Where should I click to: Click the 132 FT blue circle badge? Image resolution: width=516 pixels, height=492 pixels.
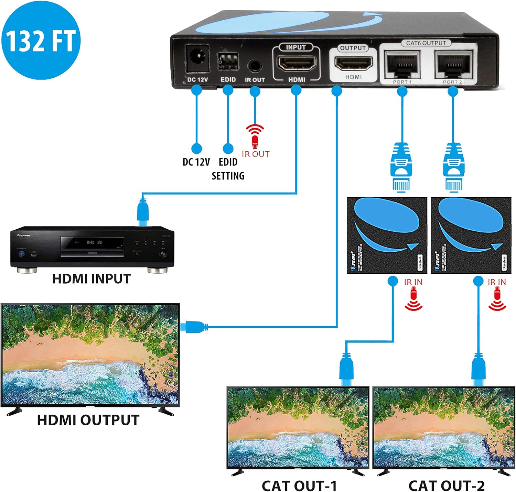41,40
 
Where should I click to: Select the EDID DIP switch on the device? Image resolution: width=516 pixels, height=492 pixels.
227,62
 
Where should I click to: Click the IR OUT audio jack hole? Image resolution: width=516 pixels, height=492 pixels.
255,65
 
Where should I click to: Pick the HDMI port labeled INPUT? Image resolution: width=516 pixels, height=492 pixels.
296,64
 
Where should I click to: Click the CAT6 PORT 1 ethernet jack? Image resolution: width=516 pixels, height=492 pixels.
402,64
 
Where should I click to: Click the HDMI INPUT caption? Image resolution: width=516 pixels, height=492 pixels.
92,279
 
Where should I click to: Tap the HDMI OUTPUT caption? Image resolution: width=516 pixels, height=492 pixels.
88,420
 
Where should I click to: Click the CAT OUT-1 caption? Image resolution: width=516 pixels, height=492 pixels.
299,485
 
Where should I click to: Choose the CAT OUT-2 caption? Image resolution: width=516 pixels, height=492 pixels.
446,485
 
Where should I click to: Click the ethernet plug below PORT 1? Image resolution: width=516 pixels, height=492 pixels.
401,167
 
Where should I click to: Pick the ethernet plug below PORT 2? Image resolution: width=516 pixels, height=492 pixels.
454,167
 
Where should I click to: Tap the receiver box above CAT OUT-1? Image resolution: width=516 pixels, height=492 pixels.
387,235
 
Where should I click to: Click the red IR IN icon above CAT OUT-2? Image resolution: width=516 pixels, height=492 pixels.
497,300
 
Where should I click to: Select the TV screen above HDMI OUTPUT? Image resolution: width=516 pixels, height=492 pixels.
90,354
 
